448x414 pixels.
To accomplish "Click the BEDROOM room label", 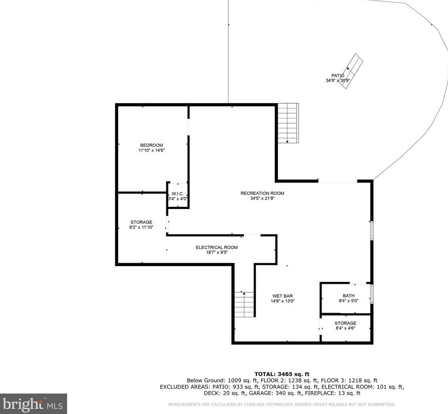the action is [151, 145].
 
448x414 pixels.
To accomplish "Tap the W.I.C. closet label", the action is [178, 194].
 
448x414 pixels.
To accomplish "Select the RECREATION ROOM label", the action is [262, 193].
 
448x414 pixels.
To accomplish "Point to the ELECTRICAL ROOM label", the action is [216, 247].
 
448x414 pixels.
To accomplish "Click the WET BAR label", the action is [282, 296].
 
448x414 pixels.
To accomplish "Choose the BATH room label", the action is [348, 296].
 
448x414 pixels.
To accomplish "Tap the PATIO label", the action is [338, 76].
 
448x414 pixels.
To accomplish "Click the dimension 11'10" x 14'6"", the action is [152, 150].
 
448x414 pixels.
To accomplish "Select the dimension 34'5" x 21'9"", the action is [262, 198].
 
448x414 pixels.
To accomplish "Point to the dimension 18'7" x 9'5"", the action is [217, 253].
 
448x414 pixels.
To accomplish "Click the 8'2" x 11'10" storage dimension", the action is [141, 227].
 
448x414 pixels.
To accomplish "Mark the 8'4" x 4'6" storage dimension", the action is [345, 329].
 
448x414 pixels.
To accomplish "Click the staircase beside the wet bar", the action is [244, 304].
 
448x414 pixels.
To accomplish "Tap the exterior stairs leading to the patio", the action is [288, 123].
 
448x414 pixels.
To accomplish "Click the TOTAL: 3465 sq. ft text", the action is [282, 374].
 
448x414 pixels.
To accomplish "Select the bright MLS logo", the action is [34, 404].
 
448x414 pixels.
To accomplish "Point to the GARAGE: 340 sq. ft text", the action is [275, 393].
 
